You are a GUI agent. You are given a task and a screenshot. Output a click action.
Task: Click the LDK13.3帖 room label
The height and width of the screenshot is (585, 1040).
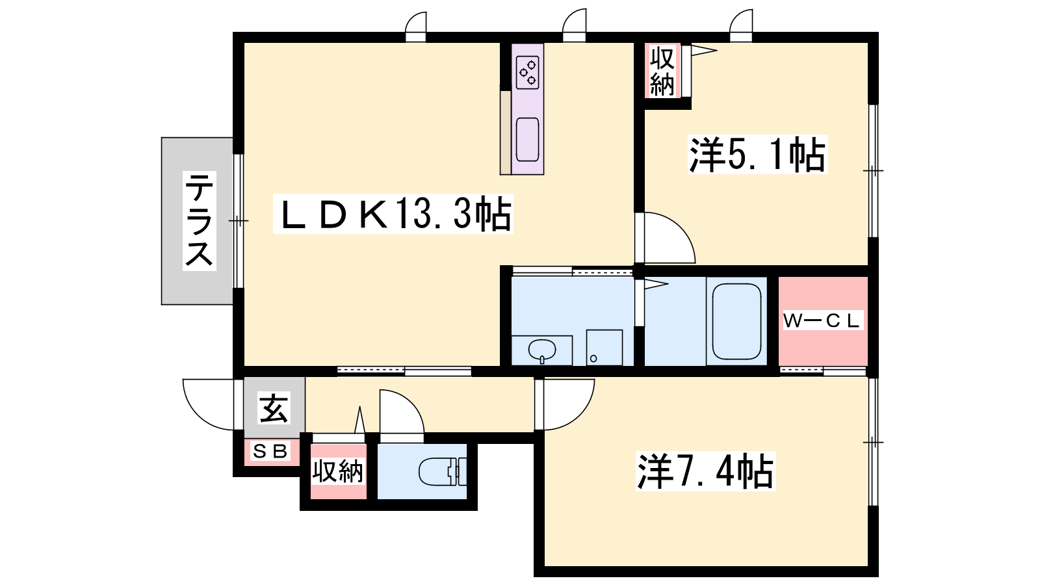393,214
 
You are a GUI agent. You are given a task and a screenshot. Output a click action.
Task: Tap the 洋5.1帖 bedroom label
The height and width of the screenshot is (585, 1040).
758,155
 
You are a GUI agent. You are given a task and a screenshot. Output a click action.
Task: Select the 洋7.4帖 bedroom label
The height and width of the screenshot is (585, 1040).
705,471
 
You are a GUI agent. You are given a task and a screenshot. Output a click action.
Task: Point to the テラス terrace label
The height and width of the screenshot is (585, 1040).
199,220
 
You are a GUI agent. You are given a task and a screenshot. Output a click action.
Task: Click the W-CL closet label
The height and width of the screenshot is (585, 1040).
823,320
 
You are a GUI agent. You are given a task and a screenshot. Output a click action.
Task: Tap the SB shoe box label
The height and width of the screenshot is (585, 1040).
270,450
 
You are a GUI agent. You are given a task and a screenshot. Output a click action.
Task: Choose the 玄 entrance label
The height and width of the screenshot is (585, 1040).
274,408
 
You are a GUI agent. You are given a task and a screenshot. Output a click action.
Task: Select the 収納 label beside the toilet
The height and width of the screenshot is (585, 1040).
337,472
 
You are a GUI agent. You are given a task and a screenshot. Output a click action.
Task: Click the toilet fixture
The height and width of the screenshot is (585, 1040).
443,472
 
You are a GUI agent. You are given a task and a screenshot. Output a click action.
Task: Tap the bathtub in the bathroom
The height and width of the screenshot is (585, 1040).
736,321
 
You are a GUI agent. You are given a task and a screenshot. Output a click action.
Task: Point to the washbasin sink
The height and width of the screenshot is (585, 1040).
542,350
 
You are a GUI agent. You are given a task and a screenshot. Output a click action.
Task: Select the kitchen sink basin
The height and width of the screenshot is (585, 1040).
527,139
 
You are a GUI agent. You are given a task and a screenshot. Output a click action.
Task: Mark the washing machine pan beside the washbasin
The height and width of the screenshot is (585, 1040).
604,347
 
